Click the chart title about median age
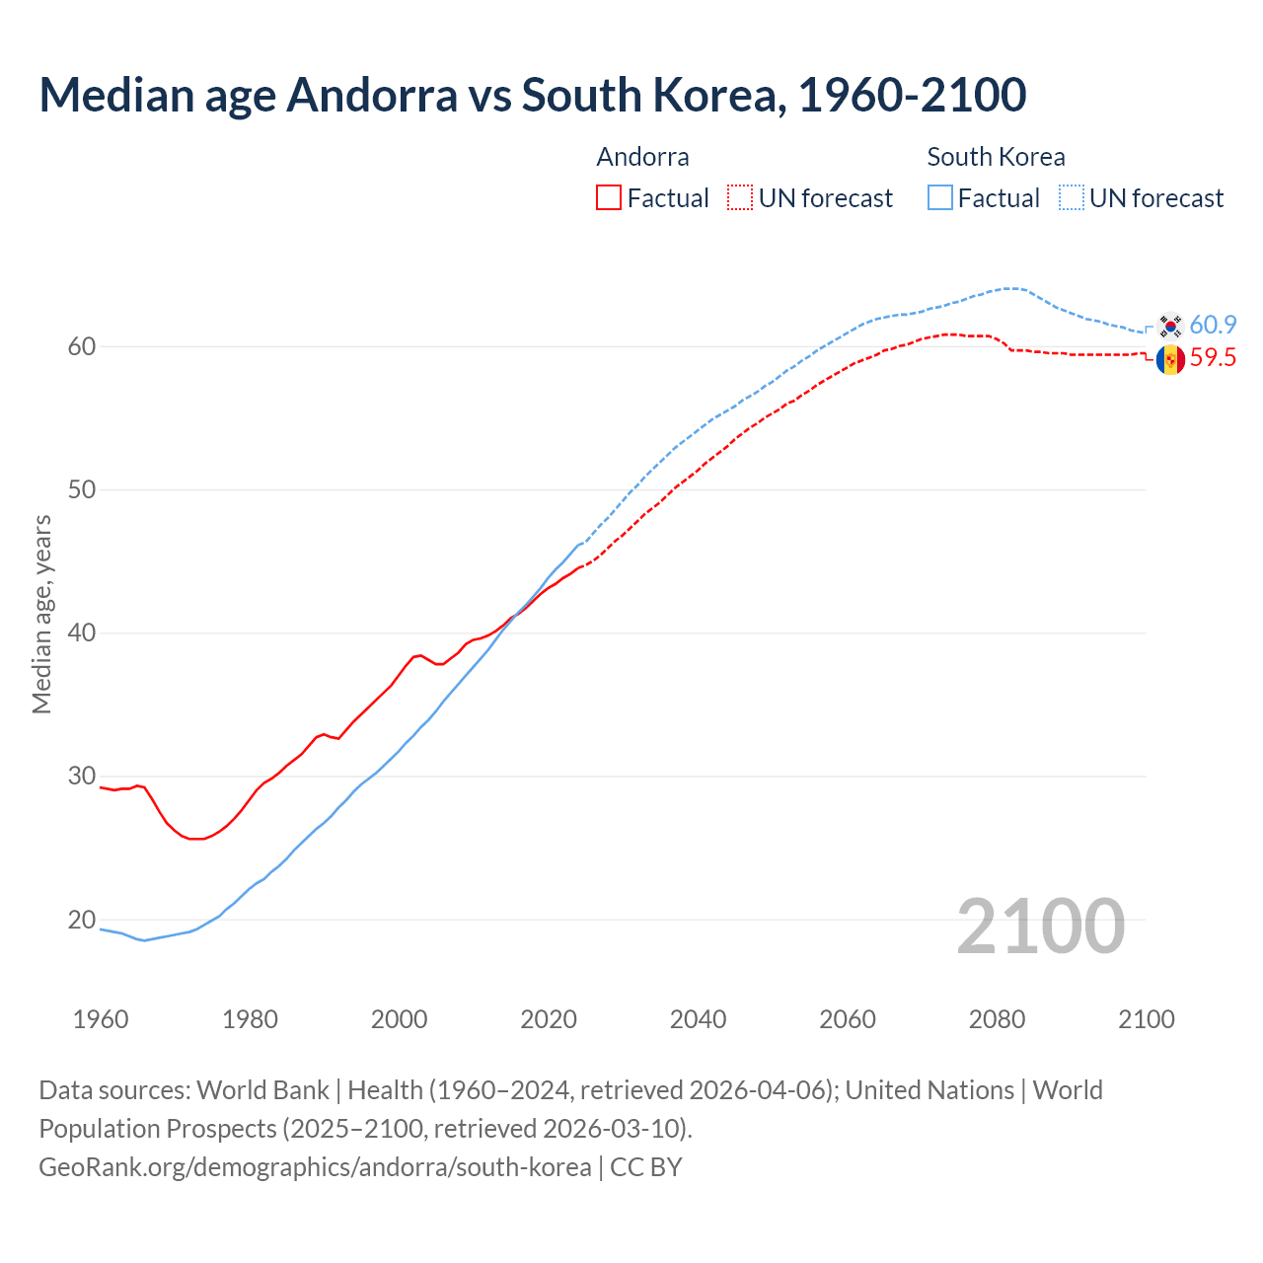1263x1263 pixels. click(x=533, y=95)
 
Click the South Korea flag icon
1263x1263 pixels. click(x=1170, y=325)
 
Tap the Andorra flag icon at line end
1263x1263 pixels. click(x=1170, y=359)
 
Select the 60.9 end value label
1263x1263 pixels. click(x=1213, y=325)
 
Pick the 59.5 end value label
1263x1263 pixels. click(x=1213, y=357)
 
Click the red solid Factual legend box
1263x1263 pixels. click(x=609, y=197)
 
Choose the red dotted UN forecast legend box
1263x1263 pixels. click(x=740, y=197)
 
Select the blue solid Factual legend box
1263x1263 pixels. click(x=940, y=197)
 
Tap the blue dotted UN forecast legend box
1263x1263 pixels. click(x=1072, y=197)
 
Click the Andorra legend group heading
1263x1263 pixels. click(x=642, y=157)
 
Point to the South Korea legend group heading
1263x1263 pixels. click(x=996, y=157)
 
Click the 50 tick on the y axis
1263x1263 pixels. click(x=81, y=489)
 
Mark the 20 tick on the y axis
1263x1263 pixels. click(x=81, y=920)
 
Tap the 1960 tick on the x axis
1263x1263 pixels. click(x=101, y=1019)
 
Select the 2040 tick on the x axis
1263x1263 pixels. click(x=698, y=1019)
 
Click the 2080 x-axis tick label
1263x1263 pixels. click(x=997, y=1019)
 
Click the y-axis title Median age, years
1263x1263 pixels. click(x=41, y=614)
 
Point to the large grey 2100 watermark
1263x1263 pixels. click(x=1040, y=926)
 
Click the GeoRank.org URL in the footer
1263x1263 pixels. click(x=315, y=1166)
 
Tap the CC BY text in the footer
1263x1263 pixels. click(x=646, y=1166)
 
